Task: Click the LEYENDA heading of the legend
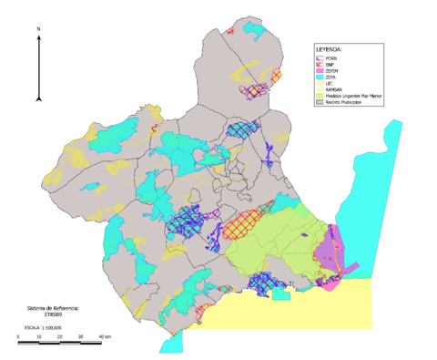click(329, 48)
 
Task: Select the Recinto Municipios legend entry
click(346, 102)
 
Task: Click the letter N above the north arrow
click(39, 30)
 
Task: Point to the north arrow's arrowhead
click(39, 39)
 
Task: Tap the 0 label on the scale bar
click(19, 339)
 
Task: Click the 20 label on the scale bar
click(59, 339)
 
